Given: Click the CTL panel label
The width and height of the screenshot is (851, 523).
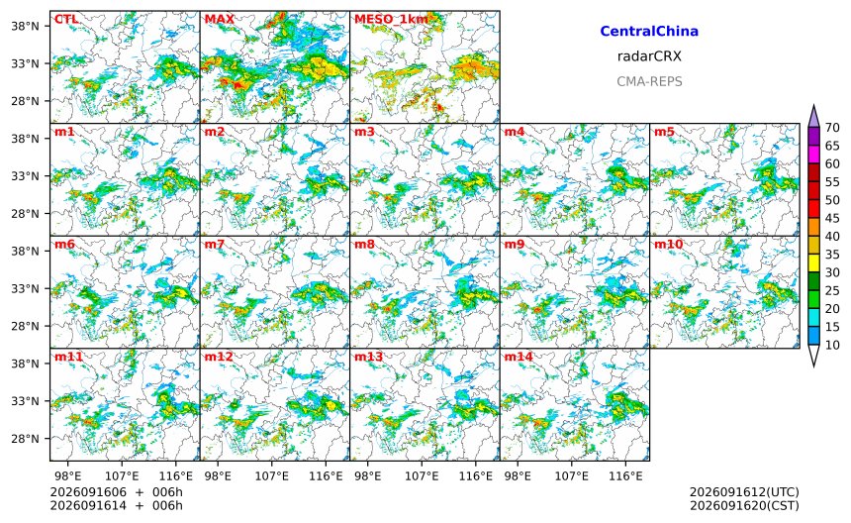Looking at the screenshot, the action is pyautogui.click(x=65, y=20).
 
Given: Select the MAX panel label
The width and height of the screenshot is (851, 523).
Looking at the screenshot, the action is pyautogui.click(x=220, y=20).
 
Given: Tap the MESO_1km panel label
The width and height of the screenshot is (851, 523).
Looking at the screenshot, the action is pyautogui.click(x=391, y=20).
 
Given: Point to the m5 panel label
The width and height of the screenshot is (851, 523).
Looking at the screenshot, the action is pyautogui.click(x=664, y=132).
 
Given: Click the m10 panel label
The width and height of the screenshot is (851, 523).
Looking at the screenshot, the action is pyautogui.click(x=668, y=245).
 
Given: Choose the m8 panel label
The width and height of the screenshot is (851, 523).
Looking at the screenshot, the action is pyautogui.click(x=364, y=245).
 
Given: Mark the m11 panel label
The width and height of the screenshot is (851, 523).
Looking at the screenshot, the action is pyautogui.click(x=68, y=357).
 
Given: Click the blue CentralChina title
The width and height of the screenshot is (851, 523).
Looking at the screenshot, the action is pyautogui.click(x=649, y=32).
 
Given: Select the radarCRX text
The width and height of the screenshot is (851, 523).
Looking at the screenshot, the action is pyautogui.click(x=649, y=56).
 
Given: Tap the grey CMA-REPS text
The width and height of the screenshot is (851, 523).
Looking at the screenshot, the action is pyautogui.click(x=649, y=81).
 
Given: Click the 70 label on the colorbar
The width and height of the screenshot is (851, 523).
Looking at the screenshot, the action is pyautogui.click(x=832, y=128).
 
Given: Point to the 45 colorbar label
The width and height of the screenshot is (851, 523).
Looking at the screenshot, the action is pyautogui.click(x=832, y=218).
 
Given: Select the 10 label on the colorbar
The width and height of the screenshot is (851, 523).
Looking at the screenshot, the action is pyautogui.click(x=832, y=345).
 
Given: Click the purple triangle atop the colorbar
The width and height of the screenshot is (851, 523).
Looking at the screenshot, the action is pyautogui.click(x=813, y=116).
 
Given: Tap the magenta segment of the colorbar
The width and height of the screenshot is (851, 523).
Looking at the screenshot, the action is pyautogui.click(x=813, y=155).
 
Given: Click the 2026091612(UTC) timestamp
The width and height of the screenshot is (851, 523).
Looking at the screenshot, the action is pyautogui.click(x=744, y=492).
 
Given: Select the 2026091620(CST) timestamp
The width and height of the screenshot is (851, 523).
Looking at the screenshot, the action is pyautogui.click(x=744, y=505).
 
